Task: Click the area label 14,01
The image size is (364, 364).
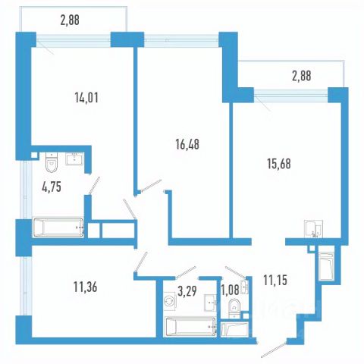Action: pyautogui.click(x=86, y=98)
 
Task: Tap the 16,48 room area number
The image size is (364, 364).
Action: pyautogui.click(x=187, y=144)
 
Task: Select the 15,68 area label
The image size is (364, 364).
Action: pyautogui.click(x=279, y=164)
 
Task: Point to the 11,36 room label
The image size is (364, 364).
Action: pyautogui.click(x=86, y=287)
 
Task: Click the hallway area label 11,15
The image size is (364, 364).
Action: pyautogui.click(x=275, y=280)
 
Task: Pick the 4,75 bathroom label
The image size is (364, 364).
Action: pyautogui.click(x=52, y=187)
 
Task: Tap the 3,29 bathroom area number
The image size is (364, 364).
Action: pyautogui.click(x=187, y=291)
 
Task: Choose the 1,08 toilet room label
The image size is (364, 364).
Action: pyautogui.click(x=230, y=290)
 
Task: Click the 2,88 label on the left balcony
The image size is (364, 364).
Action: pyautogui.click(x=70, y=20)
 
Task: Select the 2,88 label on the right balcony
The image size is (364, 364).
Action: pyautogui.click(x=302, y=76)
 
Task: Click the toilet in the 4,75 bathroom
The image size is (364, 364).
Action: pyautogui.click(x=52, y=162)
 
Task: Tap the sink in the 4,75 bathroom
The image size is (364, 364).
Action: pyautogui.click(x=74, y=158)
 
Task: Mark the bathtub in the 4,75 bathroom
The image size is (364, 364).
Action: pyautogui.click(x=58, y=227)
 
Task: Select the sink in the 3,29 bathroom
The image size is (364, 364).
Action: pyautogui.click(x=210, y=301)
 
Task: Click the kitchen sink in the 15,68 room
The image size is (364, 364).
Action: pyautogui.click(x=313, y=229)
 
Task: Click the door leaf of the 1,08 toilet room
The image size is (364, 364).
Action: pyautogui.click(x=235, y=272)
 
